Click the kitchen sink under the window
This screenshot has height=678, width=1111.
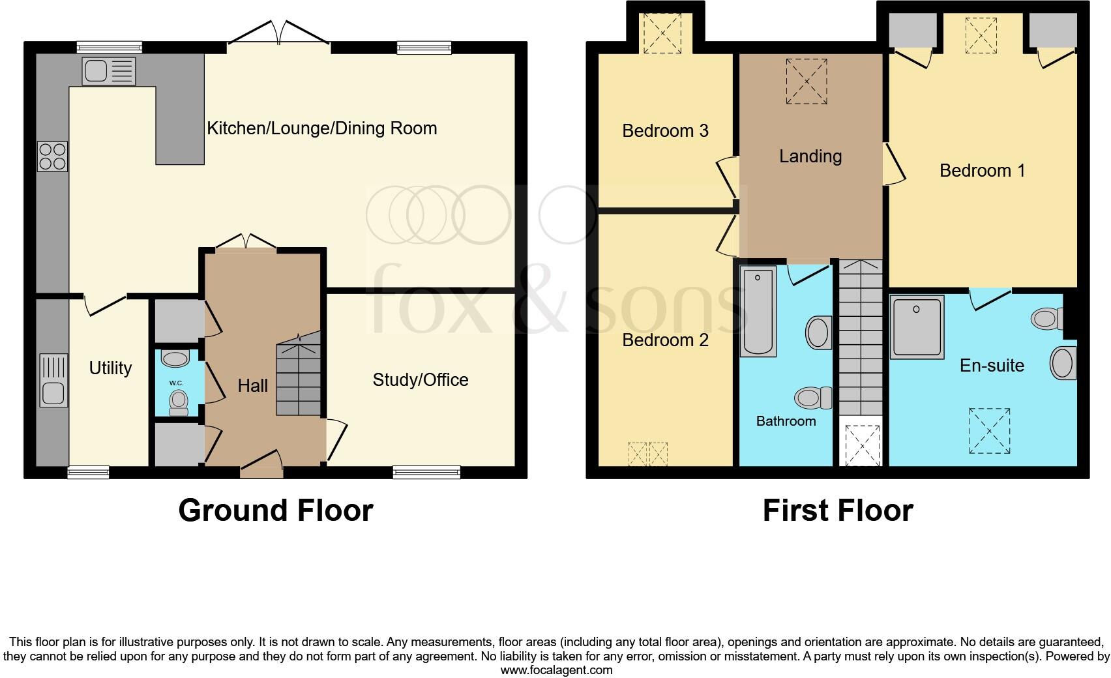coord(109,70)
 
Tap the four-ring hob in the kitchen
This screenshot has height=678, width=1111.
coord(53,156)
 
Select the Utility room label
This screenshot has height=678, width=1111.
coord(110,368)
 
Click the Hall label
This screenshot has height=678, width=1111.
coord(252,386)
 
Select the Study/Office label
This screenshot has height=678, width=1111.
coord(420,380)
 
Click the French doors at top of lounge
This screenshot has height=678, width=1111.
coord(279,34)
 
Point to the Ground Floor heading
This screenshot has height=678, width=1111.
coord(275,510)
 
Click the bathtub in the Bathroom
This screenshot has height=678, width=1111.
coord(758,312)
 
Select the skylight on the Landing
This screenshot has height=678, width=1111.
coord(807,81)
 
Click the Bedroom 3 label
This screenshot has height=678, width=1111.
coord(665,131)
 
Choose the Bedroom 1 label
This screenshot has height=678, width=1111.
coord(982,171)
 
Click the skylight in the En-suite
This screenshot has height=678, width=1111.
coord(989,431)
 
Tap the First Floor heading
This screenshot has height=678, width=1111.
coord(837,510)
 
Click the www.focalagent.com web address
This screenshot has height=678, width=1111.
coord(556,670)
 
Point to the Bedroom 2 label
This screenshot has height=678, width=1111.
coord(665,340)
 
